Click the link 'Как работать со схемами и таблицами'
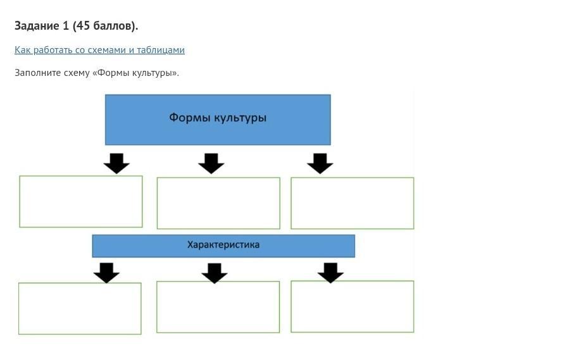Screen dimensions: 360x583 click(x=99, y=50)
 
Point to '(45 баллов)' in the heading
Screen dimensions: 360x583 click(x=105, y=26)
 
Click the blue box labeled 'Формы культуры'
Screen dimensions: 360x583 click(x=218, y=120)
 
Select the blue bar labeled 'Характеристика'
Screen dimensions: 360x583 click(x=223, y=245)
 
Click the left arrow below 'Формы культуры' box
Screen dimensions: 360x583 click(x=116, y=163)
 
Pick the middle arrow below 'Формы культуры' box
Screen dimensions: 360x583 click(x=211, y=163)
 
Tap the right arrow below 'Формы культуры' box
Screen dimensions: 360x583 click(x=320, y=163)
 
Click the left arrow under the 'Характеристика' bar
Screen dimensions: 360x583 click(x=106, y=273)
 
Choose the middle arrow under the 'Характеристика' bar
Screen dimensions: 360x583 click(x=215, y=273)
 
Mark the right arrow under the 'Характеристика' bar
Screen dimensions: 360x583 click(x=330, y=273)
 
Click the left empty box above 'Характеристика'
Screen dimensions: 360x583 click(x=81, y=201)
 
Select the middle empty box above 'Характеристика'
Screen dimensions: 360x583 click(x=218, y=203)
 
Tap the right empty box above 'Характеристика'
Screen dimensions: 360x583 click(x=352, y=203)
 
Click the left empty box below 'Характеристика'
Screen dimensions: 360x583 click(x=80, y=308)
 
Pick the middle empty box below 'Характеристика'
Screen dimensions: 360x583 click(x=218, y=307)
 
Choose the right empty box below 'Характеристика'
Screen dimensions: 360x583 click(x=352, y=306)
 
